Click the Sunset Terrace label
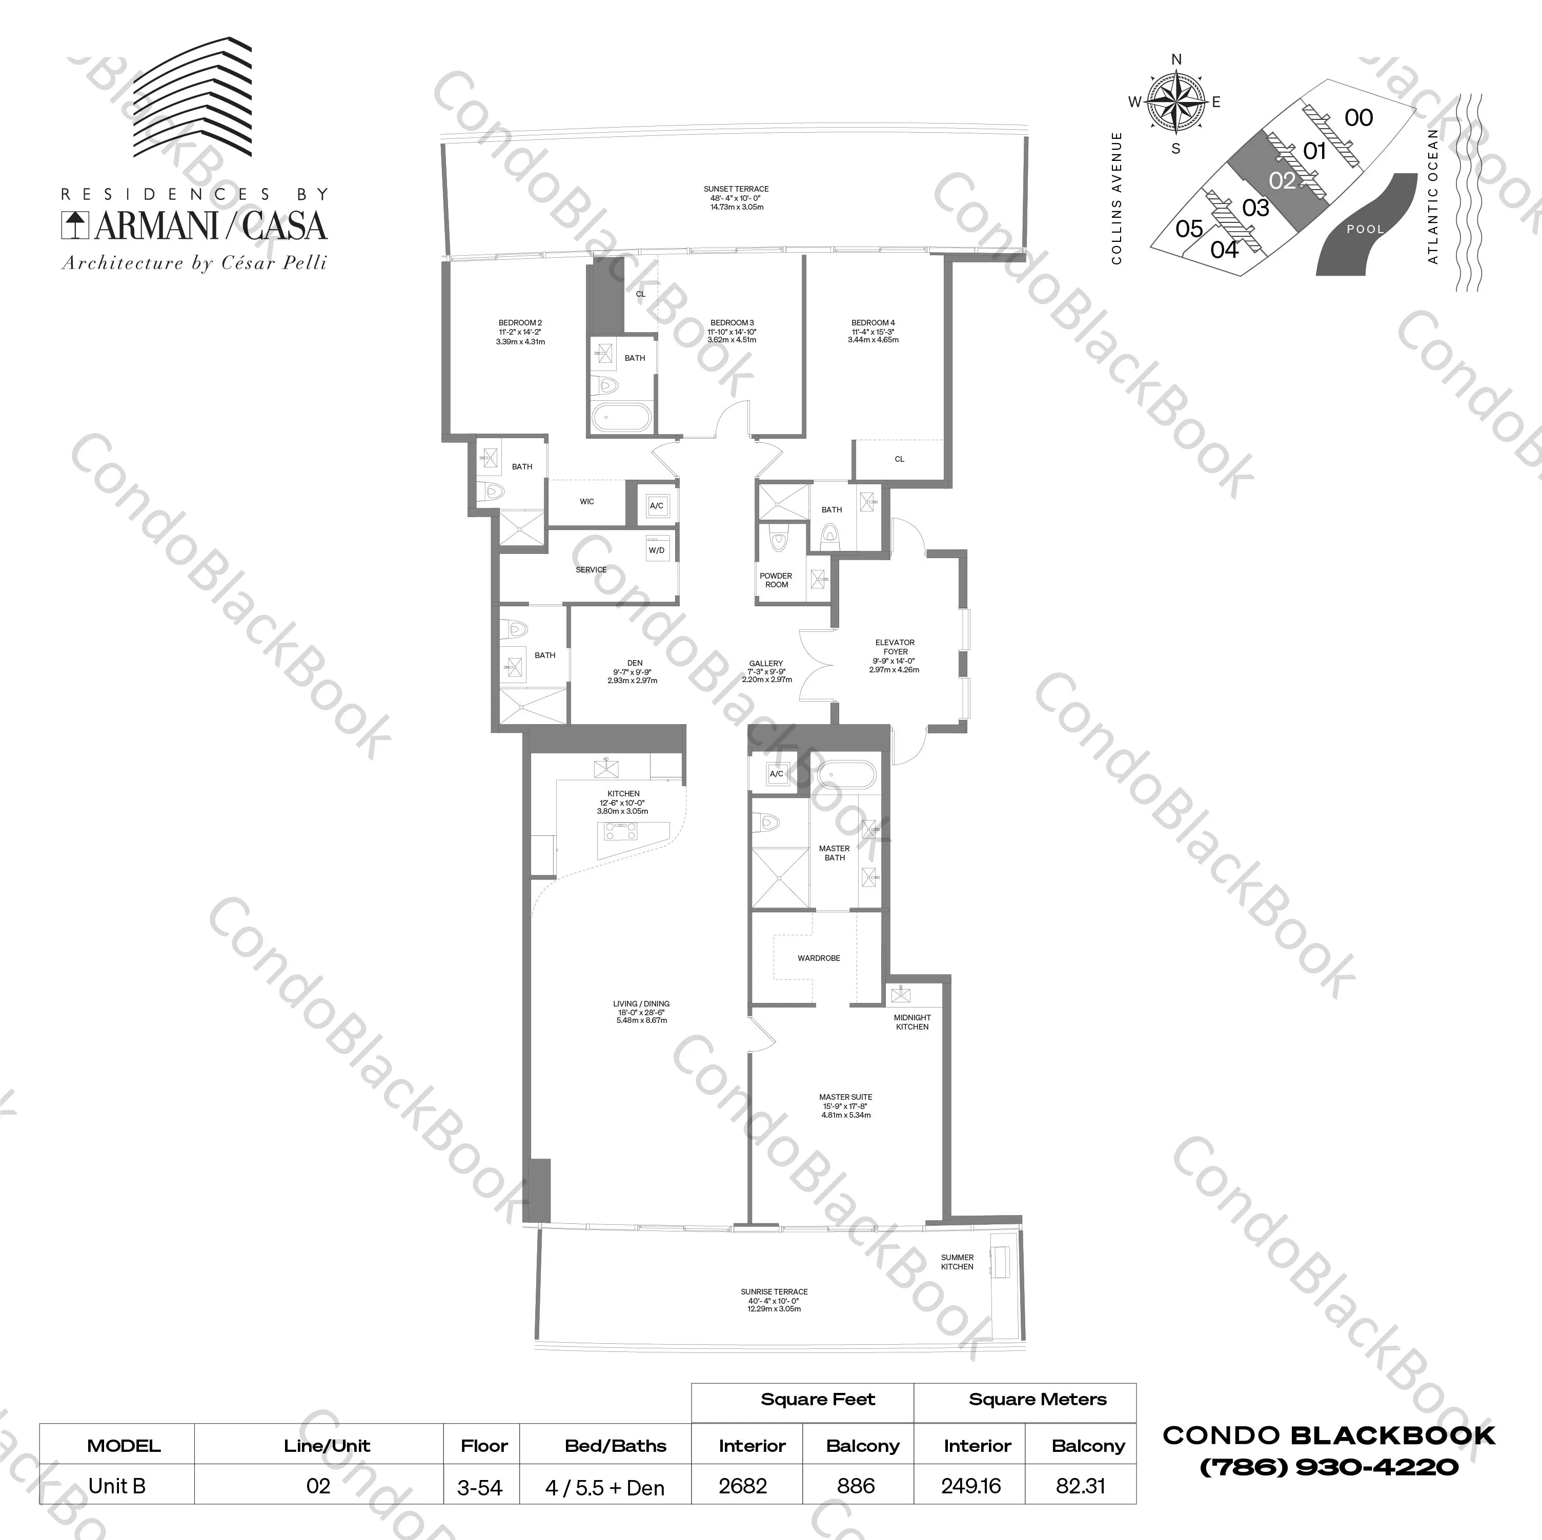point(736,198)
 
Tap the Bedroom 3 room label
point(732,331)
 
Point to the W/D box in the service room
point(657,550)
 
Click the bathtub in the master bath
point(846,775)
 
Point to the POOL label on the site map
point(1365,229)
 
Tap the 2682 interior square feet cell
point(742,1486)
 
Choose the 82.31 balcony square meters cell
point(1080,1486)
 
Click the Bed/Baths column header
point(615,1446)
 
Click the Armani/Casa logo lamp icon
point(76,225)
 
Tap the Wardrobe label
point(818,957)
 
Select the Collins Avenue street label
point(1117,198)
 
